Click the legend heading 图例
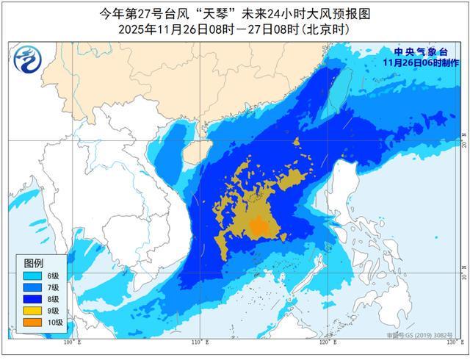tap(34, 262)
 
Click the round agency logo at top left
tap(29, 59)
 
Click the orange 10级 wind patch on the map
tap(258, 227)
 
